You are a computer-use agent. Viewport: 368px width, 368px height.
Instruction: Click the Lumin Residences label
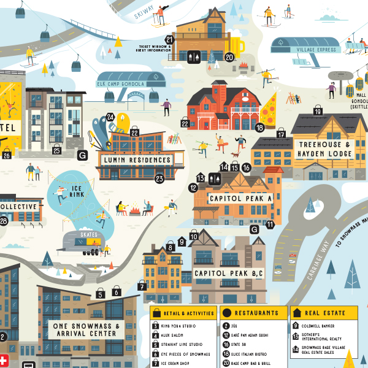136,160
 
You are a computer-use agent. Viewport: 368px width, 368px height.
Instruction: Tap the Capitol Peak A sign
240,199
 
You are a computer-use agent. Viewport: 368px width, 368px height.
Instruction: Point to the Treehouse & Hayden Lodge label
324,149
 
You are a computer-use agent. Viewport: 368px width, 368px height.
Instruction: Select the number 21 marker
170,40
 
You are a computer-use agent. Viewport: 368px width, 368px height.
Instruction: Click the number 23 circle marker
159,179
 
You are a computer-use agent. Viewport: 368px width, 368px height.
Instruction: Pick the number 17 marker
281,135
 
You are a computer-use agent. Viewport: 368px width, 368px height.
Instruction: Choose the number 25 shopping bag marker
56,150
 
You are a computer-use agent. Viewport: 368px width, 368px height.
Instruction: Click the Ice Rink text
77,191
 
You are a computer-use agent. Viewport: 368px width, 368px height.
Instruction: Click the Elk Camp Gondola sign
120,84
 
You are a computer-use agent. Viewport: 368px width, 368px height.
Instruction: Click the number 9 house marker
182,242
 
